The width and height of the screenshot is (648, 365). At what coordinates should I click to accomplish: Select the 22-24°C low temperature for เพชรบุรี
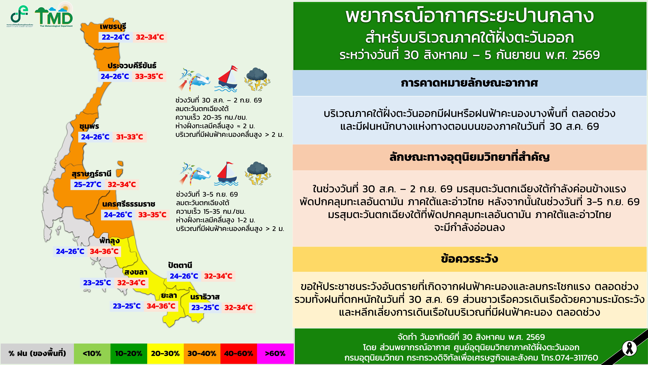(x=115, y=37)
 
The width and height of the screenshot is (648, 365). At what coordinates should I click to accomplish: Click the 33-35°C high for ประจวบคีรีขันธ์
(x=149, y=76)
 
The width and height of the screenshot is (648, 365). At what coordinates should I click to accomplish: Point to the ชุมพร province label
(x=89, y=126)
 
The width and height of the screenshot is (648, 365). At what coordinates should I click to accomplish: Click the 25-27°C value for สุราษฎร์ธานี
(x=88, y=184)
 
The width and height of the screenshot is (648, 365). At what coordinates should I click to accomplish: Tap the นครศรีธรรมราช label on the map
(x=129, y=204)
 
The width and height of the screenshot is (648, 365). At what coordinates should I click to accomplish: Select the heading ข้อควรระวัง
(x=469, y=259)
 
